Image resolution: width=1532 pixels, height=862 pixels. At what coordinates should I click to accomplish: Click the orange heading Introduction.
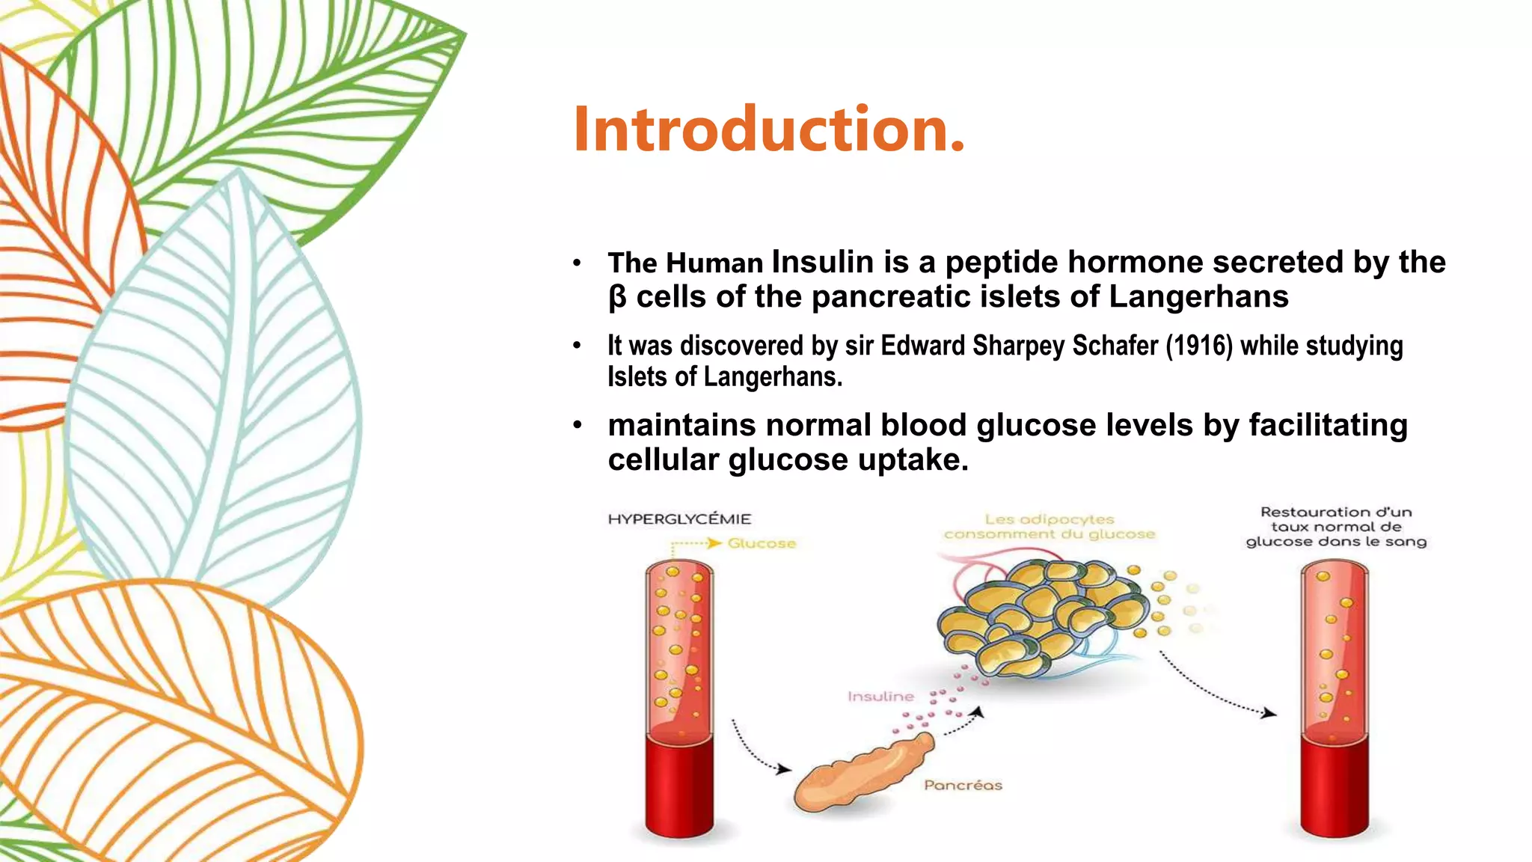click(769, 129)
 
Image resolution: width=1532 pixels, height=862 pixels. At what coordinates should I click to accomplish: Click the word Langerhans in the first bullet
click(1198, 297)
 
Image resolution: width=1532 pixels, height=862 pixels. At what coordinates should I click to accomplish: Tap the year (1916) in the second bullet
click(1198, 346)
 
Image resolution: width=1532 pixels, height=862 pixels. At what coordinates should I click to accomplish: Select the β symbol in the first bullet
click(617, 298)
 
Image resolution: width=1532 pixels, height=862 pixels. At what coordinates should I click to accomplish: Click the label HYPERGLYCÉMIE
click(679, 519)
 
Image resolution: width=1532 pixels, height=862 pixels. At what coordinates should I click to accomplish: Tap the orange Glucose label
click(761, 543)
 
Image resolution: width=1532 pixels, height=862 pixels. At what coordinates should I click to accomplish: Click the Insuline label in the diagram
click(880, 697)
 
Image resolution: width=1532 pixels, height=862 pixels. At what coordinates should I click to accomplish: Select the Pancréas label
click(963, 785)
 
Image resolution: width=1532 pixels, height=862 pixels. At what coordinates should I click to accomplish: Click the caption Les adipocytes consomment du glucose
click(1050, 527)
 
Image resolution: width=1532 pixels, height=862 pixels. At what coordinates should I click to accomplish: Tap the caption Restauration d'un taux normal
click(1336, 527)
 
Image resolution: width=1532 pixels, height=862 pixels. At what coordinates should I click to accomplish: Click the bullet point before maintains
click(577, 426)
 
